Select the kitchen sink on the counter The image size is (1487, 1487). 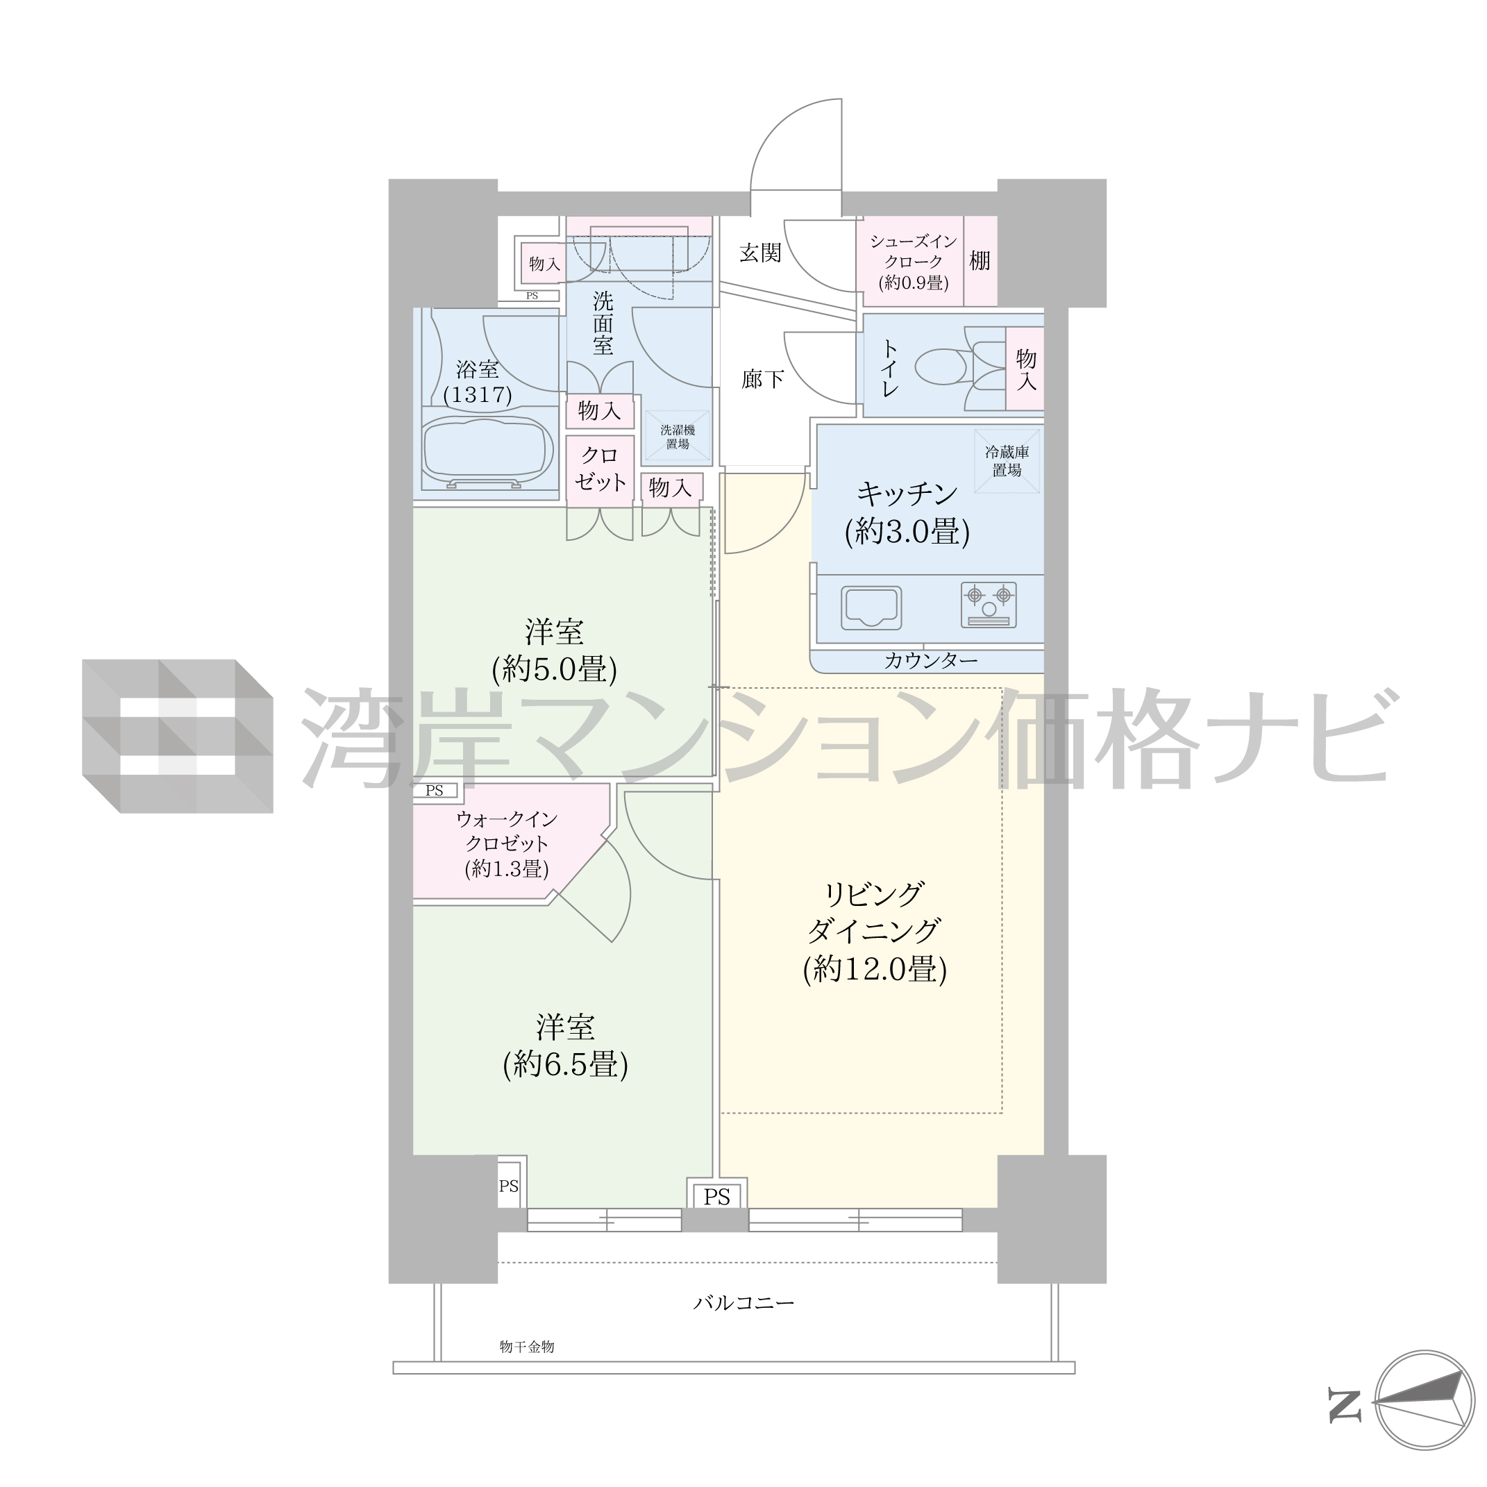pyautogui.click(x=871, y=608)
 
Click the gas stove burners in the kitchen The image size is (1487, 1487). pyautogui.click(x=989, y=604)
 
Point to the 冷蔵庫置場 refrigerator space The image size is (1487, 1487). pyautogui.click(x=1007, y=461)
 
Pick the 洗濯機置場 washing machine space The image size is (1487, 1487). pyautogui.click(x=678, y=437)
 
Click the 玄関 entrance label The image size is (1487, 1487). pyautogui.click(x=760, y=253)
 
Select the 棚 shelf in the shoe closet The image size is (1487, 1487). pyautogui.click(x=980, y=261)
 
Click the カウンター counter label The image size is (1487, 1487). pyautogui.click(x=930, y=660)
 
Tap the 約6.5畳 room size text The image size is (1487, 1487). pyautogui.click(x=566, y=1064)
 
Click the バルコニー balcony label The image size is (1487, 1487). pyautogui.click(x=743, y=1303)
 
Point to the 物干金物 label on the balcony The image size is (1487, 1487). pyautogui.click(x=526, y=1346)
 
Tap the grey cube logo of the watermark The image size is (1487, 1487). pyautogui.click(x=178, y=736)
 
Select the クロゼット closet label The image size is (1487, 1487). pyautogui.click(x=600, y=469)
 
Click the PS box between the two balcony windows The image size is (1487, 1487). pyautogui.click(x=716, y=1197)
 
